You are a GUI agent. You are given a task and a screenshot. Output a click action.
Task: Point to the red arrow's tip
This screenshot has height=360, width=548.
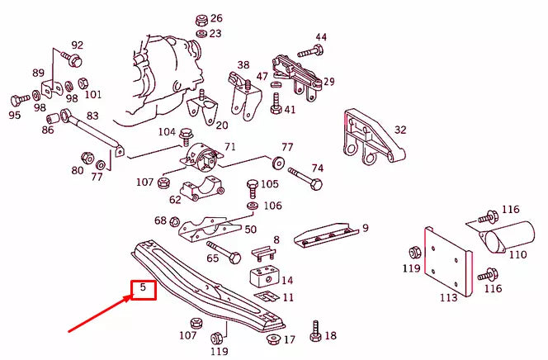[x=130, y=296]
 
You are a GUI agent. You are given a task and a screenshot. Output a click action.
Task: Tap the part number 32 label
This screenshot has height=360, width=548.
[x=400, y=130]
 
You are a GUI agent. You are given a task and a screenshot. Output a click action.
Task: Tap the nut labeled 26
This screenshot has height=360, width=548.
[x=201, y=19]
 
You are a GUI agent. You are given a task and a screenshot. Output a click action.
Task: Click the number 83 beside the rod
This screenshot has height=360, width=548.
[x=92, y=116]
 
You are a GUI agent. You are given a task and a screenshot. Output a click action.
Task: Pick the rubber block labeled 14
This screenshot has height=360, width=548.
[x=263, y=277]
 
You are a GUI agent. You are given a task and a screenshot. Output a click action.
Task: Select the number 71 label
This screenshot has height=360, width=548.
[x=230, y=147]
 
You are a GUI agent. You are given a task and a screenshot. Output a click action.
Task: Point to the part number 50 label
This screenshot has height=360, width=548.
[x=250, y=230]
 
